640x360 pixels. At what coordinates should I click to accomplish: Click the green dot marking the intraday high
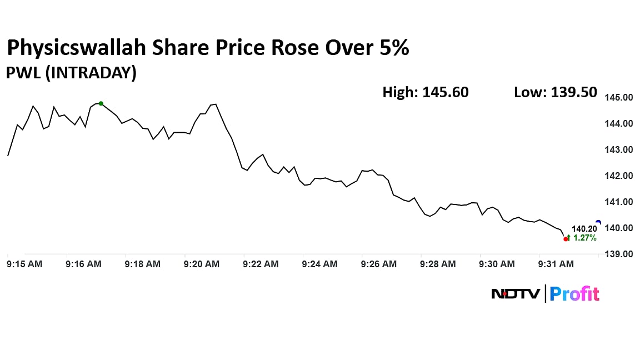tap(101, 103)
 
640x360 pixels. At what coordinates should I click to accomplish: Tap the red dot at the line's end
tap(566, 239)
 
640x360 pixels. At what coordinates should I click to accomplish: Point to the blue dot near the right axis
tap(598, 222)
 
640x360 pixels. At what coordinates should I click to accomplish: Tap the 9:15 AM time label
tap(24, 264)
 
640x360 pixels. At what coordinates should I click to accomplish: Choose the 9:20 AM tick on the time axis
tap(202, 264)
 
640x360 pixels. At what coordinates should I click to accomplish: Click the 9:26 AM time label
tap(379, 264)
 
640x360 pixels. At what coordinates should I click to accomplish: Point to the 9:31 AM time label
tap(556, 264)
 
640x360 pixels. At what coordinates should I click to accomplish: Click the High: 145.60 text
tap(426, 92)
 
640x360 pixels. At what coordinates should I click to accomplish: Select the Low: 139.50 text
tap(556, 92)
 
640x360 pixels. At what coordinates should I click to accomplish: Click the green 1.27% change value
tap(584, 238)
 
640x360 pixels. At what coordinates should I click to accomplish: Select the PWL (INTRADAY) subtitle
tap(71, 73)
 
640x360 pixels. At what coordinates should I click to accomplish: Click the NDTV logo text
tap(516, 293)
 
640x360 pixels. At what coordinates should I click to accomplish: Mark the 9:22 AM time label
tap(261, 264)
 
